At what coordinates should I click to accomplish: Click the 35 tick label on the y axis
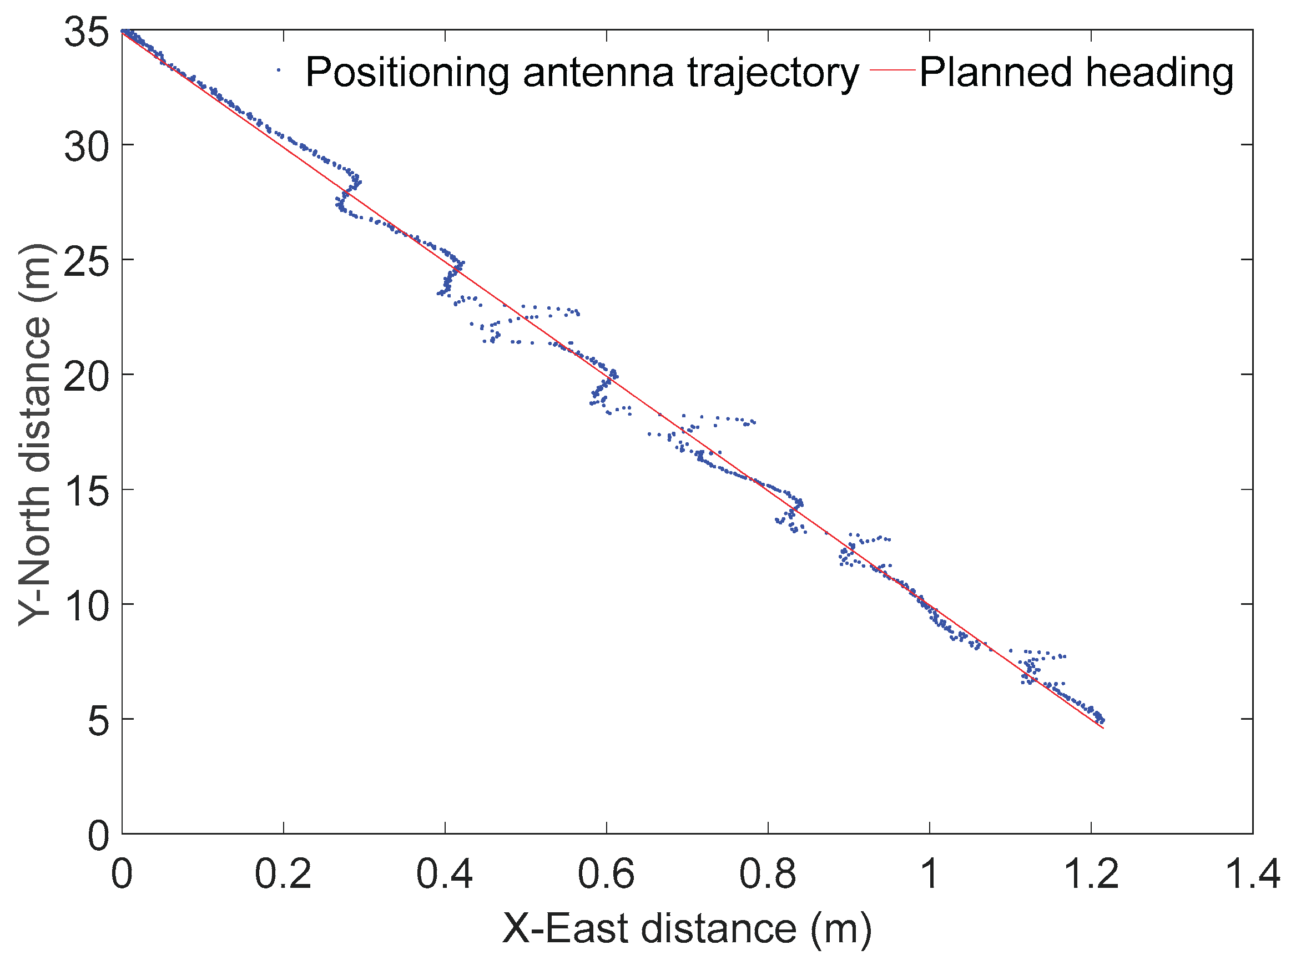87,32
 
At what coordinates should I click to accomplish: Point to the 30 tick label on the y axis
87,146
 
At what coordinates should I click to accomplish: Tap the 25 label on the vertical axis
87,262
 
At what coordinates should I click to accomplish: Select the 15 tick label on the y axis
87,492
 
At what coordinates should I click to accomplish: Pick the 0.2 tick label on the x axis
283,875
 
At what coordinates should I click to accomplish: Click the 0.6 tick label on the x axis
606,875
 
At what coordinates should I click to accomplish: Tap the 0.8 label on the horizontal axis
767,875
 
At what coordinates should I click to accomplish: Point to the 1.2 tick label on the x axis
1090,875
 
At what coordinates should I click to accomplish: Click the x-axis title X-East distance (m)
687,928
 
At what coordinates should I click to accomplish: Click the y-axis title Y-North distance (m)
35,435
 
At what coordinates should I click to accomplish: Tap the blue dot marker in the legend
279,70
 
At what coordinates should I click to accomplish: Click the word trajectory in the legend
773,74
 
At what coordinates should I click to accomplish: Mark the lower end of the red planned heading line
1103,729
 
